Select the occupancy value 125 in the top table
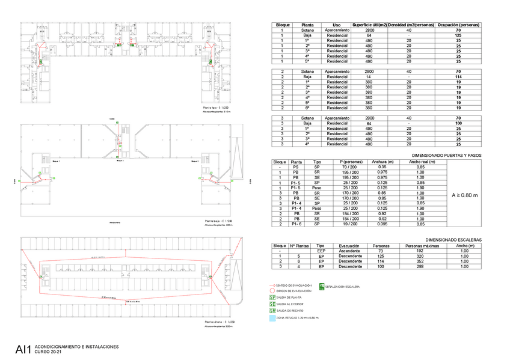point(458,35)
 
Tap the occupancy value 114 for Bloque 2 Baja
point(458,77)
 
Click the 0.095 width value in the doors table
point(379,224)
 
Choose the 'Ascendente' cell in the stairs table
point(349,251)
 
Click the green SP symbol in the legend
point(272,297)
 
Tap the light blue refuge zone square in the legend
point(272,317)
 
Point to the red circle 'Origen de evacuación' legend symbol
point(271,290)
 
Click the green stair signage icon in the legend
point(322,286)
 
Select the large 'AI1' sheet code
point(23,349)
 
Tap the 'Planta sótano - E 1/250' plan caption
point(219,323)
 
